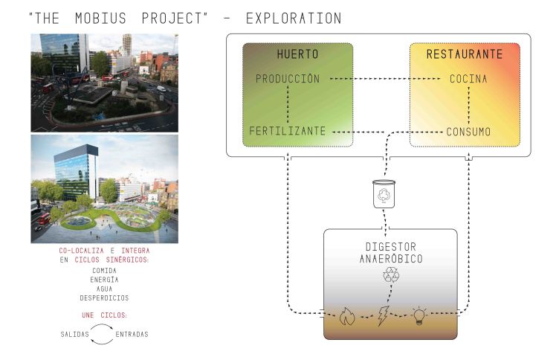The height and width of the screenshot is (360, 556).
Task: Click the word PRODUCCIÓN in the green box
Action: pyautogui.click(x=287, y=78)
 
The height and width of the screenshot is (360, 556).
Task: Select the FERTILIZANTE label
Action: pyautogui.click(x=287, y=132)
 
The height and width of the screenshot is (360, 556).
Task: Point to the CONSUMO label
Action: pyautogui.click(x=468, y=132)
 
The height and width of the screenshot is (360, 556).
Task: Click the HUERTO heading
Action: pyautogui.click(x=297, y=54)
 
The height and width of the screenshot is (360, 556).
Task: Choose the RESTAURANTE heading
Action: pyautogui.click(x=465, y=54)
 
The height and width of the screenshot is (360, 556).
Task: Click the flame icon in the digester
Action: pyautogui.click(x=346, y=317)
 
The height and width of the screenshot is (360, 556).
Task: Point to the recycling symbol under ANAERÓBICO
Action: pyautogui.click(x=390, y=276)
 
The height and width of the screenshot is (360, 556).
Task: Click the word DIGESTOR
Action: pyautogui.click(x=391, y=246)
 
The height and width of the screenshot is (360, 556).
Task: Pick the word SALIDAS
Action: pyautogui.click(x=74, y=334)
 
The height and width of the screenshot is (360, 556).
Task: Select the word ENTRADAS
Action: pyautogui.click(x=132, y=334)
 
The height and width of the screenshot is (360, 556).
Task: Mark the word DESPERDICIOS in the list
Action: pyautogui.click(x=104, y=298)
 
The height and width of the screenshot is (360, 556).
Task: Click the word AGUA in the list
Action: pyautogui.click(x=104, y=289)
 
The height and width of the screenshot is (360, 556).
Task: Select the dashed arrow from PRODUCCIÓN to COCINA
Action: pyautogui.click(x=387, y=79)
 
